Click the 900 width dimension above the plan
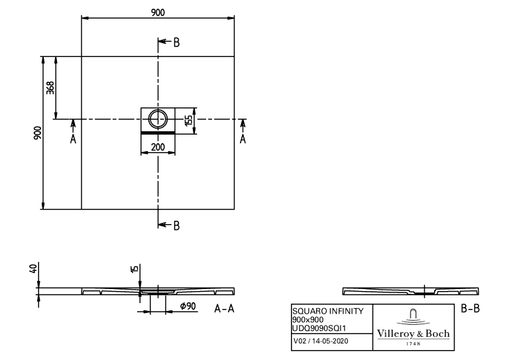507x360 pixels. [x=158, y=13]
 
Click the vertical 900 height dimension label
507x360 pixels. [x=38, y=133]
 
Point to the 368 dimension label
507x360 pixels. [x=50, y=88]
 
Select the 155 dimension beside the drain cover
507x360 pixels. [x=188, y=120]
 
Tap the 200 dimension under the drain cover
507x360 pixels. [x=158, y=147]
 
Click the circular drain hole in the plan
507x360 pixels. [x=158, y=119]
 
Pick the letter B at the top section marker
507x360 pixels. [x=176, y=42]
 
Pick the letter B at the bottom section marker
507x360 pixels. [x=176, y=225]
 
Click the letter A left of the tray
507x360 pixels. [x=73, y=139]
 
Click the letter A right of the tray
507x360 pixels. [x=243, y=139]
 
